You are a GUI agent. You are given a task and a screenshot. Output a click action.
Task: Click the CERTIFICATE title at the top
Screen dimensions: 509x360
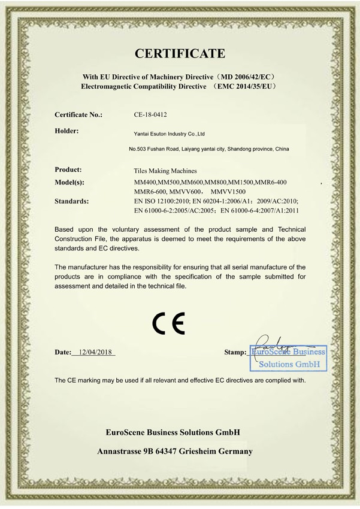[180, 54]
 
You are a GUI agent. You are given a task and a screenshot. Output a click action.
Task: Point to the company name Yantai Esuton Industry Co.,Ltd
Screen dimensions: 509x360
[169, 135]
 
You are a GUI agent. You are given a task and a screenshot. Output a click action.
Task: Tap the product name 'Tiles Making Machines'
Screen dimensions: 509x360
[165, 171]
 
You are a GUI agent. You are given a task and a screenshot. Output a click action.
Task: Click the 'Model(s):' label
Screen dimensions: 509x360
[69, 182]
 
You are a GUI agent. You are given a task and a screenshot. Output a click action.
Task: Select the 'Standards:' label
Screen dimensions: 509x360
[71, 201]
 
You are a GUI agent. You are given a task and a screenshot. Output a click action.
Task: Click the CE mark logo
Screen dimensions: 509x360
[168, 324]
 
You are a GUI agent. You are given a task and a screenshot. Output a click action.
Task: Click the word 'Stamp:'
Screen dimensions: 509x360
[234, 353]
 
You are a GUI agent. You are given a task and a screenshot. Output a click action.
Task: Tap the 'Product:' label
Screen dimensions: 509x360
[68, 170]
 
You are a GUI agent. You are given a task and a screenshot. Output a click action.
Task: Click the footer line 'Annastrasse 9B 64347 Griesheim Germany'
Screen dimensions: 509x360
[174, 452]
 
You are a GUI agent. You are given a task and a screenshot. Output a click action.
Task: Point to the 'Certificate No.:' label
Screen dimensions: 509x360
[78, 114]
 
